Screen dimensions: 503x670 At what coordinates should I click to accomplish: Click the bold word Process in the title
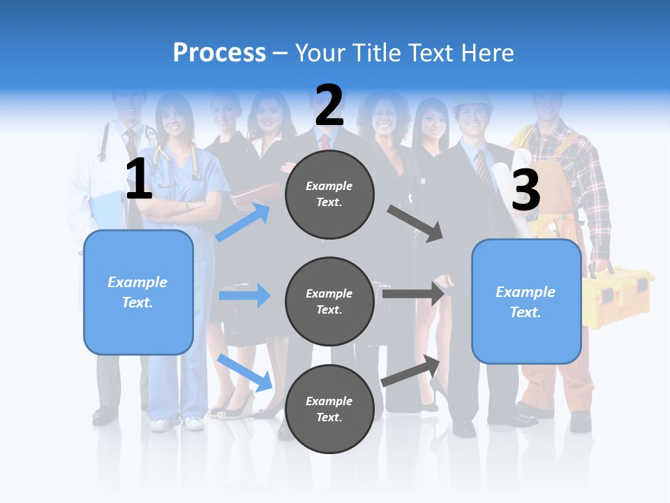tap(219, 53)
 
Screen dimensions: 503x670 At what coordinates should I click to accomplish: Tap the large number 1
tap(139, 179)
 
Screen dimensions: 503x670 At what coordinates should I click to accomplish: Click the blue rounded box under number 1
tap(138, 292)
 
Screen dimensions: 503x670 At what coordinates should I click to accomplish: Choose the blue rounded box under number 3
tap(526, 301)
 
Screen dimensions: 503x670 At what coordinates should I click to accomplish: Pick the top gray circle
tap(329, 194)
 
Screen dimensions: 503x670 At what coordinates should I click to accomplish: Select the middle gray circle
tap(329, 301)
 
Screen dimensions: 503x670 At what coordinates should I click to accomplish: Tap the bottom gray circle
tap(329, 409)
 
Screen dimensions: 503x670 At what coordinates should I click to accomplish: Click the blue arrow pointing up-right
tap(243, 222)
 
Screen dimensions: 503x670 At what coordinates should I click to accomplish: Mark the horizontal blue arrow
tap(244, 296)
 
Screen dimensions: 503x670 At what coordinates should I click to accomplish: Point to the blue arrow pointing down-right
tap(245, 372)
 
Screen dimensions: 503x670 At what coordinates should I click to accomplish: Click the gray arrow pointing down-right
tap(415, 224)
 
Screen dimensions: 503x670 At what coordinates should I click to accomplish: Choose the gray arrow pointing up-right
tap(410, 370)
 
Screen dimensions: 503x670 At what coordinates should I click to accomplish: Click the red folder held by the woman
tap(255, 195)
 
